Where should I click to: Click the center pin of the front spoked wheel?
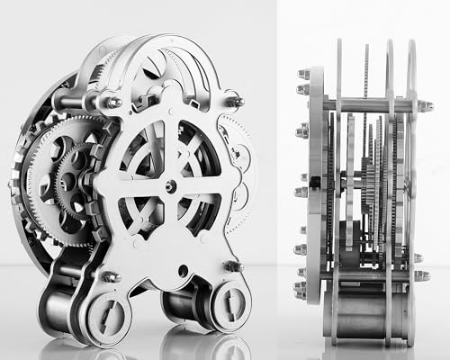[170, 186]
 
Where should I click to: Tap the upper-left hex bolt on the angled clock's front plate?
[114, 103]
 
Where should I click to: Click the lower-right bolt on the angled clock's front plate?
[232, 266]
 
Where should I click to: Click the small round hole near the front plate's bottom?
[184, 270]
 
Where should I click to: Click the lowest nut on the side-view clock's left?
[301, 290]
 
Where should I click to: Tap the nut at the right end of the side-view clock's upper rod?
[424, 106]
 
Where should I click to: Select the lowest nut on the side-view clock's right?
[420, 274]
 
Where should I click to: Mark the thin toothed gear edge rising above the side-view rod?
[366, 72]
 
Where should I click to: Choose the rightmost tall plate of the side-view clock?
[409, 180]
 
